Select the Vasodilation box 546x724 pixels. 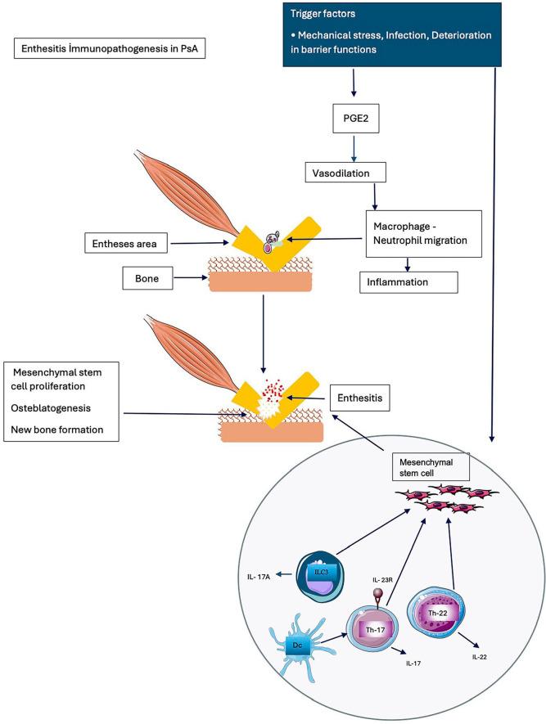coord(345,173)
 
